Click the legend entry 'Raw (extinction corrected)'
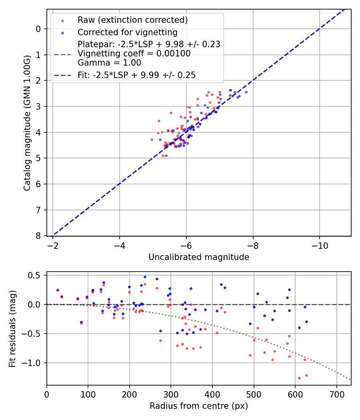click(x=132, y=20)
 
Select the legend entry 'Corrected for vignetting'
click(x=127, y=32)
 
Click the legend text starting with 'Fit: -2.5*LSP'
click(x=136, y=75)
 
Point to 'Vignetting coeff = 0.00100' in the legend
click(x=134, y=54)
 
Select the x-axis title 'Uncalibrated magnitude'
click(x=199, y=257)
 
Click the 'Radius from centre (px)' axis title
click(x=199, y=406)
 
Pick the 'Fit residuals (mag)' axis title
click(x=12, y=328)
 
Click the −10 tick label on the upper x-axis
click(x=319, y=244)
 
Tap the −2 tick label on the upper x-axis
click(x=52, y=244)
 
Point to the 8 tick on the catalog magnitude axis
click(x=38, y=236)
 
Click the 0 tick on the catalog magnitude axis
click(x=38, y=29)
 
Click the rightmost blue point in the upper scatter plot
click(x=246, y=92)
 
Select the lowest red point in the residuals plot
click(x=299, y=378)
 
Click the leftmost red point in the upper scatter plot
click(x=152, y=140)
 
